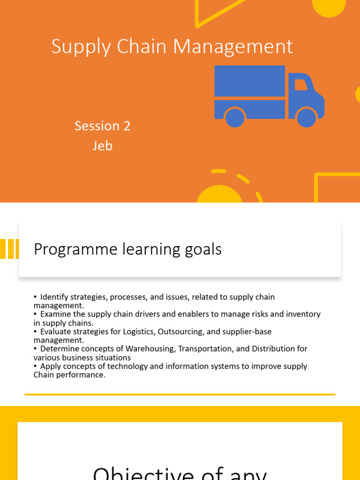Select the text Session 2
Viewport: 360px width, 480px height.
click(102, 126)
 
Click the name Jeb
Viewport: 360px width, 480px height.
click(102, 146)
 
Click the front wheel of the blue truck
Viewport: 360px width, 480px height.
click(307, 117)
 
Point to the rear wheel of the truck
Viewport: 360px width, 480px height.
click(235, 117)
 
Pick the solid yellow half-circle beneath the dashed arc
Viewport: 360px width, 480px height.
click(219, 195)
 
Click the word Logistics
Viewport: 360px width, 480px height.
click(138, 332)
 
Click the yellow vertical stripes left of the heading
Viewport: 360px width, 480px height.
click(9, 249)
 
